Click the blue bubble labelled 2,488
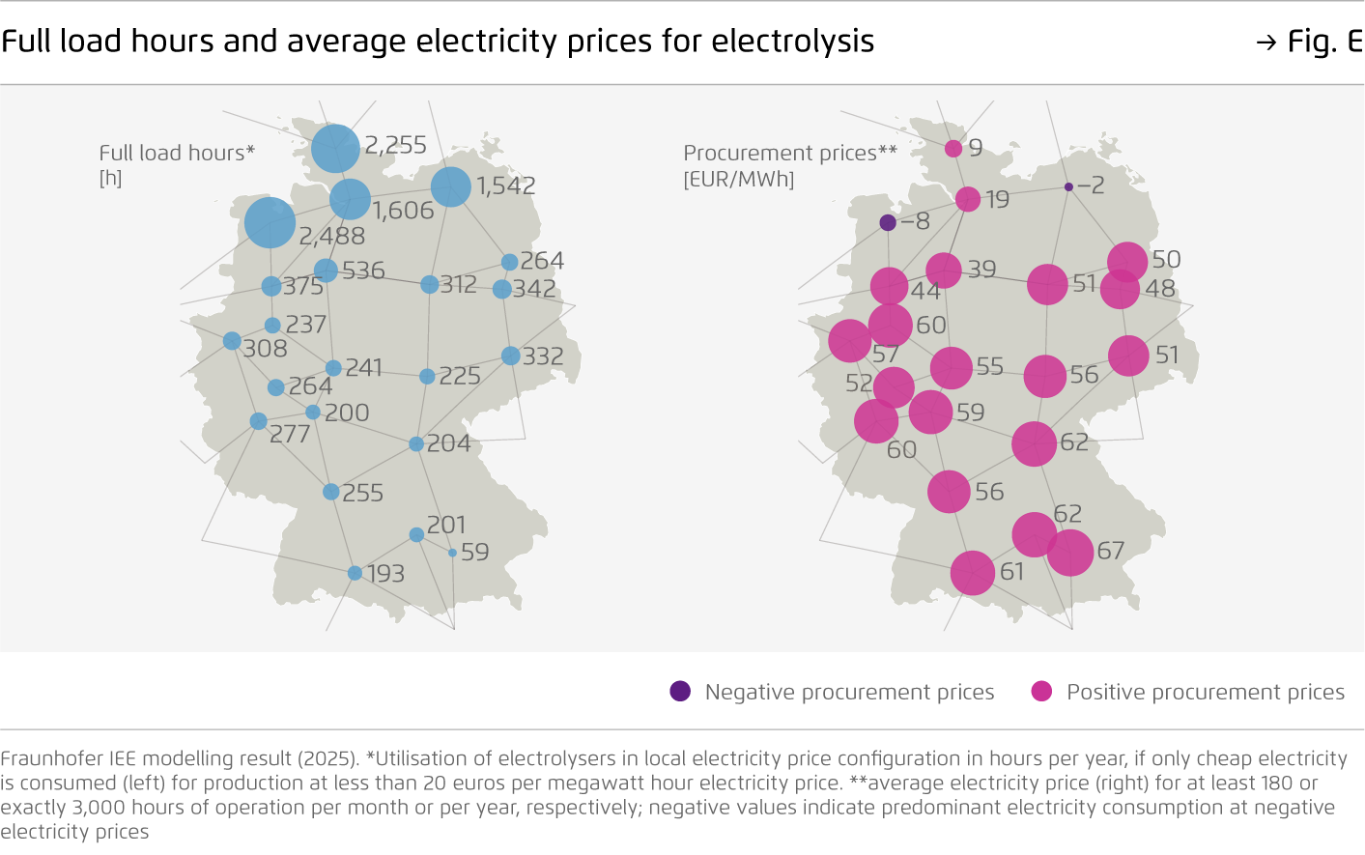[x=270, y=222]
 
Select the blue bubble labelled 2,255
[x=335, y=149]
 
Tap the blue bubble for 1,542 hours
[x=450, y=186]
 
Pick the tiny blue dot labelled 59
[x=452, y=553]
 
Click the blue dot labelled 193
[x=355, y=573]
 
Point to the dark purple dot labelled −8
[x=888, y=223]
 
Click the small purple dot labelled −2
[x=1068, y=186]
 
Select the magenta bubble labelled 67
[x=1069, y=552]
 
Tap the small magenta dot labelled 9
[x=953, y=148]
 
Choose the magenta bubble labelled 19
[x=968, y=199]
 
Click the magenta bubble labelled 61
[x=972, y=573]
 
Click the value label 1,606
[x=404, y=211]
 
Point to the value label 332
[x=543, y=356]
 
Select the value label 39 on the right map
[x=981, y=270]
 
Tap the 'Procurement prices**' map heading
[x=790, y=153]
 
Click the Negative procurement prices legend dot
[x=680, y=691]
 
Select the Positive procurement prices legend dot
[x=1041, y=691]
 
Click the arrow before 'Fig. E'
[x=1265, y=43]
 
